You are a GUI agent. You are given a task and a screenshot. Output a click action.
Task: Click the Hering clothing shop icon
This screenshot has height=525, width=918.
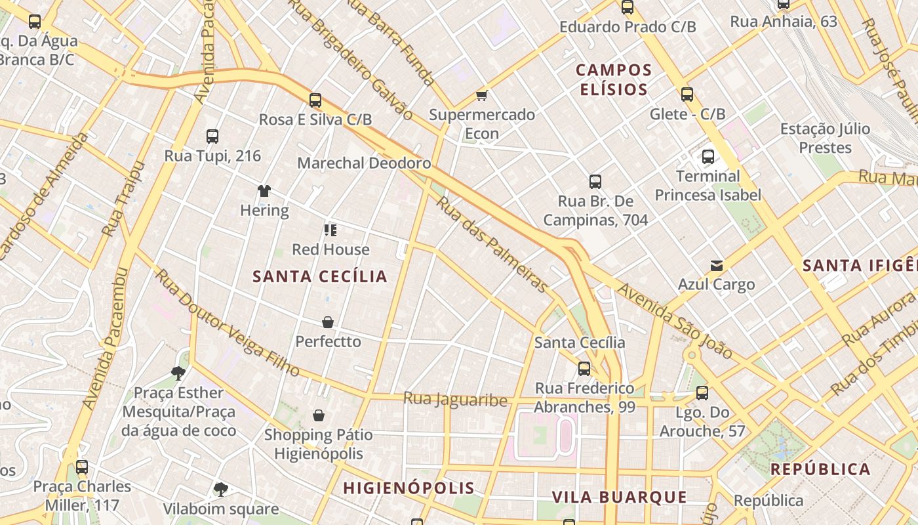point(264,191)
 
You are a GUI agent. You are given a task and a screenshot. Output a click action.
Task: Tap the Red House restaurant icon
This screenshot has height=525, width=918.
point(330,230)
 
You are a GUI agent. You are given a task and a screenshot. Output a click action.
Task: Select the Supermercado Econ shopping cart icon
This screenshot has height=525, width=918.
point(482,96)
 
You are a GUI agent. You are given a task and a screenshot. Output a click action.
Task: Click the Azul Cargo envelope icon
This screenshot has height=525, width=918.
point(717,266)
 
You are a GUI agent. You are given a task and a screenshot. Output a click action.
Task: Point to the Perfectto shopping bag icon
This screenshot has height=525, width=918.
point(328,322)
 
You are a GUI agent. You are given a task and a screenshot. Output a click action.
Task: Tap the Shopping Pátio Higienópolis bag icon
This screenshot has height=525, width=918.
point(319,415)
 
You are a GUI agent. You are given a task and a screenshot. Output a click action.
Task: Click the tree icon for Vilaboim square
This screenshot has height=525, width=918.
point(221,490)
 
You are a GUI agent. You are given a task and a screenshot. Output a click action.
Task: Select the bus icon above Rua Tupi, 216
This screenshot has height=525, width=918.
point(212,136)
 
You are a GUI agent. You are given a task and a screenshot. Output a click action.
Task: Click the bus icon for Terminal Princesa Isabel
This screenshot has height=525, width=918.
point(708,157)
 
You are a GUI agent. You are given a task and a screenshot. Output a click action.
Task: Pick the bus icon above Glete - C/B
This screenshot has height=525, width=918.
point(687,94)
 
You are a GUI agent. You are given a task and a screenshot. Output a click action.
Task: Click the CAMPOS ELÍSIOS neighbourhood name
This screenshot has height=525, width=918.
point(614,79)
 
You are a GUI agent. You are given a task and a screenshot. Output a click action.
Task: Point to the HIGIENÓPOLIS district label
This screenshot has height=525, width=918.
point(409,488)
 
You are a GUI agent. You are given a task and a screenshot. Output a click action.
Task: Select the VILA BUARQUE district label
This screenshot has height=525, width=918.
point(619,497)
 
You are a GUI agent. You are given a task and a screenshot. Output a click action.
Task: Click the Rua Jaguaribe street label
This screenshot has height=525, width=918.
point(455,399)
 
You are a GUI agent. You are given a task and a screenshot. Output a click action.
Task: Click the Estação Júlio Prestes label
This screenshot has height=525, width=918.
point(825,138)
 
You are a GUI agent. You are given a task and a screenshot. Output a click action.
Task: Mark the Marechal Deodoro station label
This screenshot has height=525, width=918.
point(364,163)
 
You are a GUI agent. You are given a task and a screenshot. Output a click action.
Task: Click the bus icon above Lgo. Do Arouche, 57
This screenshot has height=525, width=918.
point(702,393)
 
